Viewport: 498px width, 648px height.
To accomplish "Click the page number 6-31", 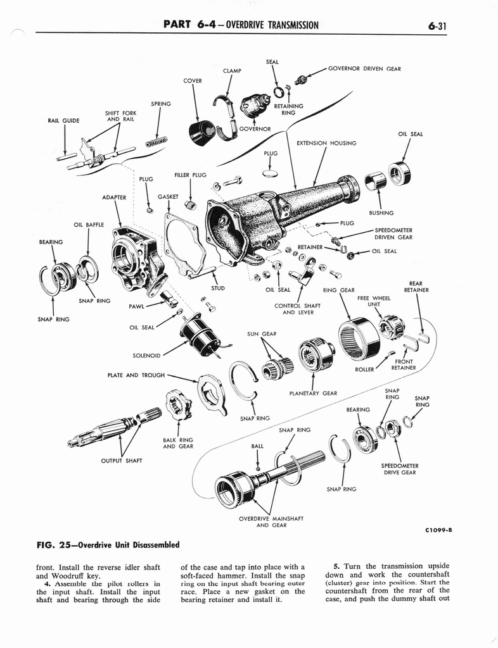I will [437, 25].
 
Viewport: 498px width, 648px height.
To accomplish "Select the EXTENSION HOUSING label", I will [326, 143].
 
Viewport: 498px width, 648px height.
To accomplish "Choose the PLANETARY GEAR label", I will [313, 393].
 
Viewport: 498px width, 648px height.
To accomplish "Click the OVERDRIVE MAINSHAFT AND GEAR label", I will [271, 521].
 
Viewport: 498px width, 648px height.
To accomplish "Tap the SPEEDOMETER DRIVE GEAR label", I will [400, 469].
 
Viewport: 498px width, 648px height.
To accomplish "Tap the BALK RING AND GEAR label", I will [178, 443].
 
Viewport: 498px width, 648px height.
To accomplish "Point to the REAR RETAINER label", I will [416, 287].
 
